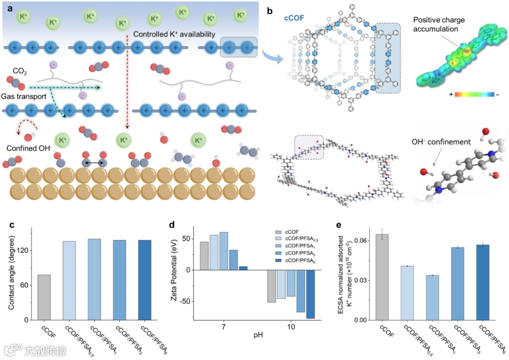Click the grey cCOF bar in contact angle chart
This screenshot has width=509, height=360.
44,297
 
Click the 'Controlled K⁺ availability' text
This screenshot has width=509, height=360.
174,34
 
